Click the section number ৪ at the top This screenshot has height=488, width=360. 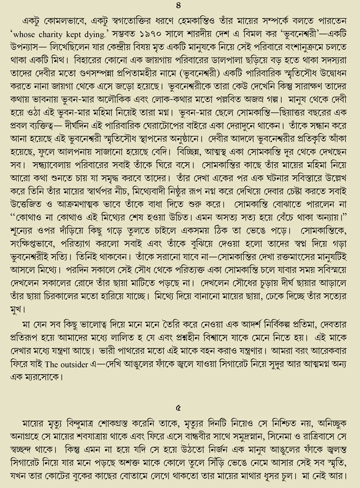[x=180, y=8]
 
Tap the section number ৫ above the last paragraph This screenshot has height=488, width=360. [x=180, y=406]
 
